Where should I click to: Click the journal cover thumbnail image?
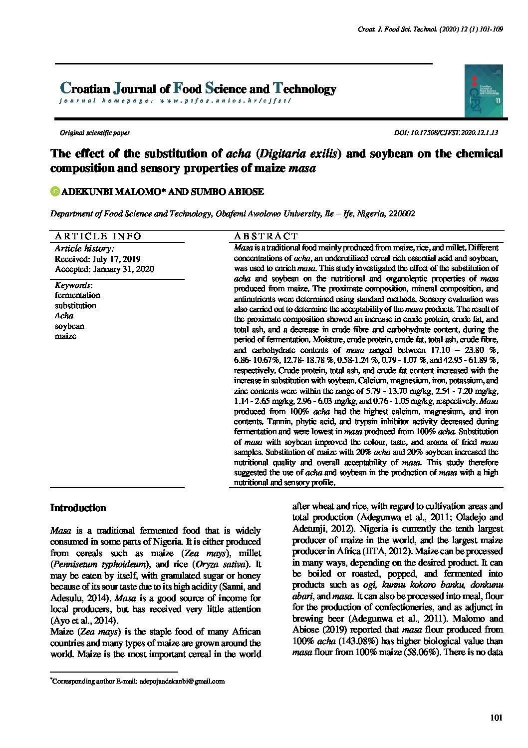tap(483, 91)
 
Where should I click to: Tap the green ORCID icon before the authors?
tap(55, 191)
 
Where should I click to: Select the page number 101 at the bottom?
tap(496, 718)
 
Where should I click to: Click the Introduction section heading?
tap(78, 508)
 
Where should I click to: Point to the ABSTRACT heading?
tap(265, 236)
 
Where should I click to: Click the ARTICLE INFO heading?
tap(98, 236)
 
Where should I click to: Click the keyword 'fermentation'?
tap(77, 295)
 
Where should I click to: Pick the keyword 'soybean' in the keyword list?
tap(69, 326)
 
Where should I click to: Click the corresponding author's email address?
tap(182, 681)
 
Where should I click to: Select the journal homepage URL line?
tap(175, 100)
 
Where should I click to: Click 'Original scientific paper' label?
tap(95, 133)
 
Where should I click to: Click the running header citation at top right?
tap(430, 29)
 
